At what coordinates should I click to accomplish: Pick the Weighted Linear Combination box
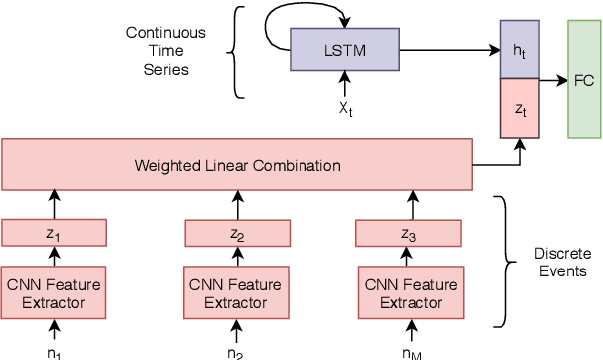(x=237, y=164)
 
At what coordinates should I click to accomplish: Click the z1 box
(x=55, y=233)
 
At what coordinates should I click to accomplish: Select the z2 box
(x=236, y=233)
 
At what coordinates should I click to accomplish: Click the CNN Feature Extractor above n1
(x=55, y=291)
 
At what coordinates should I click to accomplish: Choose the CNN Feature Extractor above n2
(x=236, y=291)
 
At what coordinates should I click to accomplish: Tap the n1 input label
(x=55, y=351)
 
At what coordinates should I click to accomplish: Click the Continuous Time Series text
(x=165, y=51)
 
